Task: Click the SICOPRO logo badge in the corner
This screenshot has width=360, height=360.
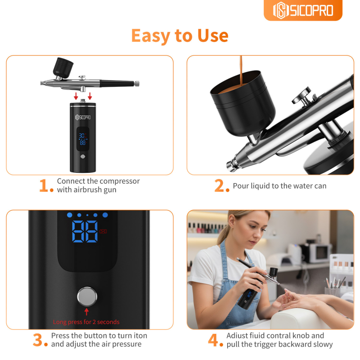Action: pos(303,10)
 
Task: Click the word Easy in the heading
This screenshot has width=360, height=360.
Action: pos(150,36)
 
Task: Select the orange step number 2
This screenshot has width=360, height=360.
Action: pos(221,185)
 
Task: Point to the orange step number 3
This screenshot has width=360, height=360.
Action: pos(40,340)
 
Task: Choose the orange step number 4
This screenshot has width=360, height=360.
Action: pos(216,340)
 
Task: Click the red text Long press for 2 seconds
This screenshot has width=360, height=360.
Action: pos(86,322)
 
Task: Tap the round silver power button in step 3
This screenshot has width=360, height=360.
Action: pos(87,297)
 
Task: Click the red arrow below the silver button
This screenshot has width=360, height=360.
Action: pos(86,312)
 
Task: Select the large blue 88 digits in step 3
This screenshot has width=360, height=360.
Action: pos(85,231)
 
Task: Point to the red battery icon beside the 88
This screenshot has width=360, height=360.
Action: pos(103,231)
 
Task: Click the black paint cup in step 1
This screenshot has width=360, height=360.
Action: pos(63,67)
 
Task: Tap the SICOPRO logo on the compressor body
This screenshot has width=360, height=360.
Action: pos(83,117)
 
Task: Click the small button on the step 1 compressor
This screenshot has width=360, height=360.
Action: pos(83,157)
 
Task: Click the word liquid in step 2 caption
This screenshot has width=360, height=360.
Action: pos(260,186)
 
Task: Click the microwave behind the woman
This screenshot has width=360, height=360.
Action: pos(319,253)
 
